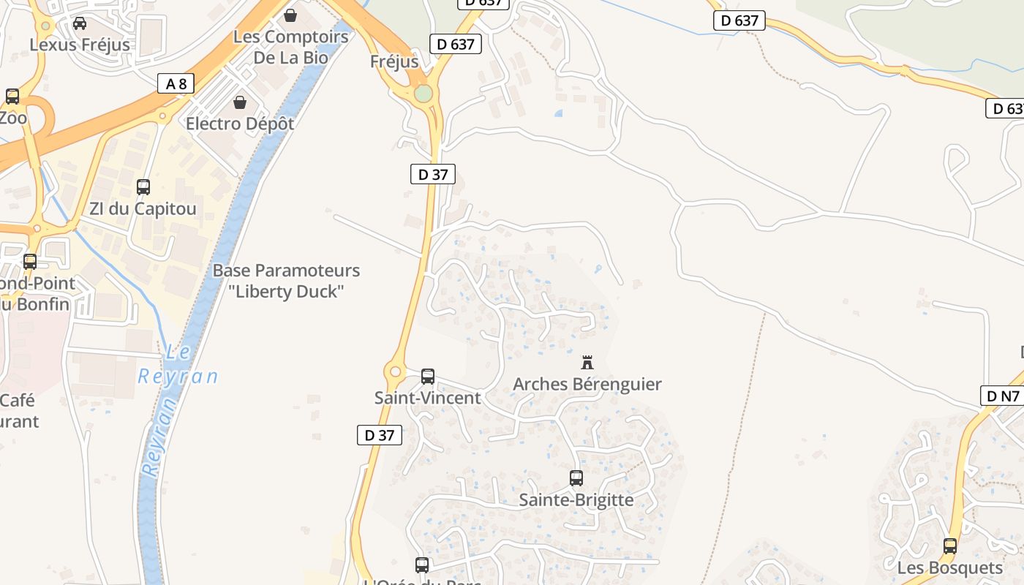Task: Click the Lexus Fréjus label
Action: tap(80, 45)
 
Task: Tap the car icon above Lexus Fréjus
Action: tap(80, 23)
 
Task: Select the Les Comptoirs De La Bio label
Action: tap(290, 47)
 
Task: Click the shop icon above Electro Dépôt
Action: tap(239, 102)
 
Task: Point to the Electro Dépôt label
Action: tap(240, 124)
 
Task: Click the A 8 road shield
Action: tap(176, 83)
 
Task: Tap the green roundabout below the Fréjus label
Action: tap(423, 94)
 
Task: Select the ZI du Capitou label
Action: tap(143, 209)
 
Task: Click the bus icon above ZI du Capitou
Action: tap(143, 187)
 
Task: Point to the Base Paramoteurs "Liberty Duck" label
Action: tap(286, 281)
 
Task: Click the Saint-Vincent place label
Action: tap(427, 399)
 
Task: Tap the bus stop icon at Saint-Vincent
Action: tap(428, 377)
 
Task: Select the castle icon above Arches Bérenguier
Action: tap(587, 362)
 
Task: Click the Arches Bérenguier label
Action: tap(587, 384)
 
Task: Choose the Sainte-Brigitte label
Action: tap(576, 500)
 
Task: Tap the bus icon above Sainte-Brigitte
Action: tap(576, 478)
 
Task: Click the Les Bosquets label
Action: tap(950, 568)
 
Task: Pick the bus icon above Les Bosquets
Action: tap(950, 546)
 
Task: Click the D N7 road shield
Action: tap(1002, 396)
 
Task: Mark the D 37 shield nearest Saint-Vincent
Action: tap(380, 435)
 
